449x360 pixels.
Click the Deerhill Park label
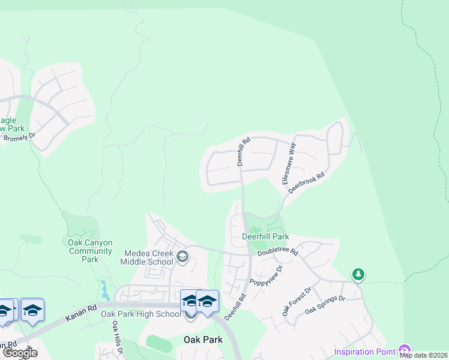point(265,236)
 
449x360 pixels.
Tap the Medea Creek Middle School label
point(147,257)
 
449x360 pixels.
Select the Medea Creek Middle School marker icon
point(183,258)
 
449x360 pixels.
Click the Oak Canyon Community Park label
point(90,251)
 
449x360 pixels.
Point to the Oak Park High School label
point(140,314)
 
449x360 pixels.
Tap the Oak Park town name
point(202,340)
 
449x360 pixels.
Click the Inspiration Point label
point(364,352)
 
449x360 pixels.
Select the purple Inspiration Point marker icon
point(405,350)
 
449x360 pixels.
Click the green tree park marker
point(358,274)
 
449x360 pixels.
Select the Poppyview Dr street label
point(266,274)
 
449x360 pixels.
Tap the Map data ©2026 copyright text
point(423,355)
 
